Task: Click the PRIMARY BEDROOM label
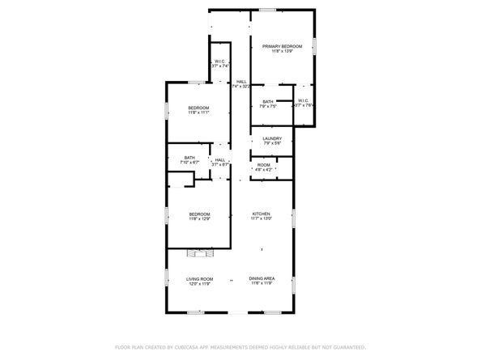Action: (282, 47)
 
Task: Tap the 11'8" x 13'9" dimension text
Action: (282, 53)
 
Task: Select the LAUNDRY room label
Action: (272, 138)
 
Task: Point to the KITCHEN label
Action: (260, 214)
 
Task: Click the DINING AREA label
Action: (261, 277)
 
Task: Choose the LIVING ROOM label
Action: (199, 277)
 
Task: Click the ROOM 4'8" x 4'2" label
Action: (264, 164)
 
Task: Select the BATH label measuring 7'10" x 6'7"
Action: (189, 158)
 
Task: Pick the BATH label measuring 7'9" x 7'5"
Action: (268, 101)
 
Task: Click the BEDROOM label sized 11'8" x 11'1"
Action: (199, 108)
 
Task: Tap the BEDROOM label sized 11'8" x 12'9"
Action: (199, 214)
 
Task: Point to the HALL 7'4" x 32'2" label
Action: (241, 82)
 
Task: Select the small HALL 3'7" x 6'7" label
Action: (220, 160)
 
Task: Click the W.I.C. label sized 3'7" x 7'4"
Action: (219, 61)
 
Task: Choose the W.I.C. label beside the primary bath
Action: (304, 101)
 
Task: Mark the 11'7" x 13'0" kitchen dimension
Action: (260, 218)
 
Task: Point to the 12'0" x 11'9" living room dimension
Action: (199, 283)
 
